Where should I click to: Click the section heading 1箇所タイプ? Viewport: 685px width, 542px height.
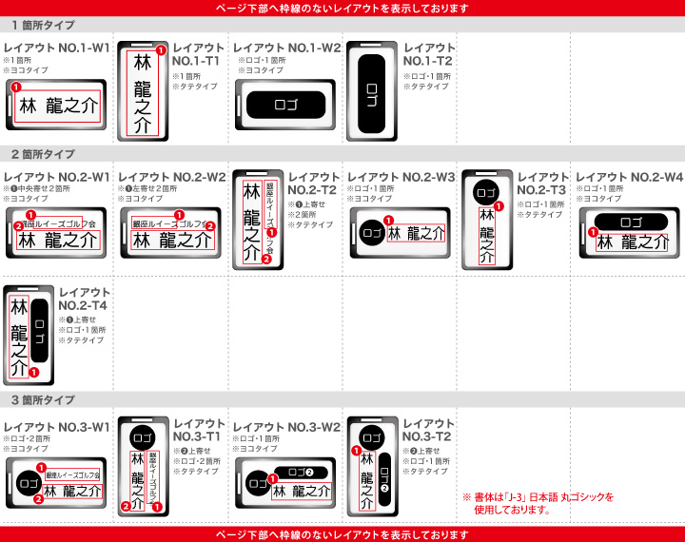[x=43, y=26]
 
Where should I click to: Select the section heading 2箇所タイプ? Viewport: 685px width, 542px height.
[x=43, y=154]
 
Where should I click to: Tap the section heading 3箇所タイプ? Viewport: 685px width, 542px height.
[x=43, y=400]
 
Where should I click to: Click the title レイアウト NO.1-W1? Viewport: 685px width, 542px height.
[x=56, y=48]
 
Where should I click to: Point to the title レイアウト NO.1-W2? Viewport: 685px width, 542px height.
[x=286, y=48]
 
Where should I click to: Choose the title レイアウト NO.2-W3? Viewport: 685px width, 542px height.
[x=401, y=177]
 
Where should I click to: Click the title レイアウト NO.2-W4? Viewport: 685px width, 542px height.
[x=629, y=177]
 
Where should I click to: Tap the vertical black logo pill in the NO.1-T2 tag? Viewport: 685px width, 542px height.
[x=371, y=91]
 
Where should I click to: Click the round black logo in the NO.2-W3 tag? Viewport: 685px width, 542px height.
[x=371, y=232]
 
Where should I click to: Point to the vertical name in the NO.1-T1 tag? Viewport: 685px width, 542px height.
[x=143, y=92]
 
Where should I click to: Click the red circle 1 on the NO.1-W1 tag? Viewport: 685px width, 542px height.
[x=16, y=87]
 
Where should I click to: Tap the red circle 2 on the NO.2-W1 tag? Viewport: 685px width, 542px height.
[x=17, y=225]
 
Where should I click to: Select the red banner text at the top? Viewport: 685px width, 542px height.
[x=342, y=8]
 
